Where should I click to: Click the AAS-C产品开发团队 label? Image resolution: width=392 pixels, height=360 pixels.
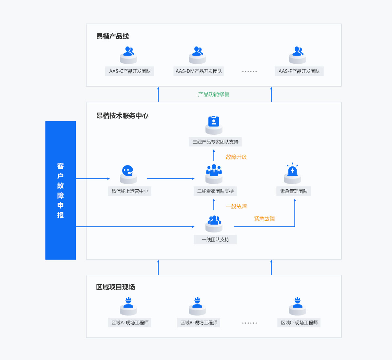pos(130,71)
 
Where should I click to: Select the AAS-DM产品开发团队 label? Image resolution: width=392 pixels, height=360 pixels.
pos(199,71)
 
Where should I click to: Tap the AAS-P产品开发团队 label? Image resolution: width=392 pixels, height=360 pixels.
pos(299,71)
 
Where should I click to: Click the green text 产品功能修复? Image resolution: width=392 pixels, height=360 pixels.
pos(214,94)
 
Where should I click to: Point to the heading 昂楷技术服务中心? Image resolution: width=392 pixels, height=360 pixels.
pos(122,116)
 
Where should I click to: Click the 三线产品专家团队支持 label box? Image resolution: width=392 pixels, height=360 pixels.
pos(215,142)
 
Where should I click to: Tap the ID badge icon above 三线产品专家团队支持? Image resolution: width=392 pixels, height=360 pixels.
pos(214,121)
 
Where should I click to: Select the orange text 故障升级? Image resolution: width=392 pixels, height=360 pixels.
pos(236,157)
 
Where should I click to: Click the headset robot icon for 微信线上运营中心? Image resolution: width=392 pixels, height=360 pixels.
pos(128,171)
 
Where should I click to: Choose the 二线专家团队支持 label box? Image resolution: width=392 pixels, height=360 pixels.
pos(215,191)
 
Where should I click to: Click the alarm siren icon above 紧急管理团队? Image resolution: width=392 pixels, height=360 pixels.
pos(292,170)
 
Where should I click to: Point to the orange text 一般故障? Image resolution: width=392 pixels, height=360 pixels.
pos(236,206)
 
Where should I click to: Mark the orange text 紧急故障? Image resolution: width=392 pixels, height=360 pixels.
pos(264,219)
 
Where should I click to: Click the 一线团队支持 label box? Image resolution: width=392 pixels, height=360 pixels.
pos(215,240)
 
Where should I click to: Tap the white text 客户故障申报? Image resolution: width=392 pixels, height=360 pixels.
pos(60,190)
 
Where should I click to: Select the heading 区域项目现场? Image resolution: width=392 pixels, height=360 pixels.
pos(115,287)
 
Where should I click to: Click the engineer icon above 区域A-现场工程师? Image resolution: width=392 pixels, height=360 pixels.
pos(128,303)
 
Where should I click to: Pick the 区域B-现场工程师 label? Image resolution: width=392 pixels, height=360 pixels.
pos(199,323)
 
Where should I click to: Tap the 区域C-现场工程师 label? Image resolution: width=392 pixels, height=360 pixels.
pos(299,323)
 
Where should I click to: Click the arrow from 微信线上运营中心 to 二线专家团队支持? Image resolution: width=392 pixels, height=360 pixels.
pos(171,179)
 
